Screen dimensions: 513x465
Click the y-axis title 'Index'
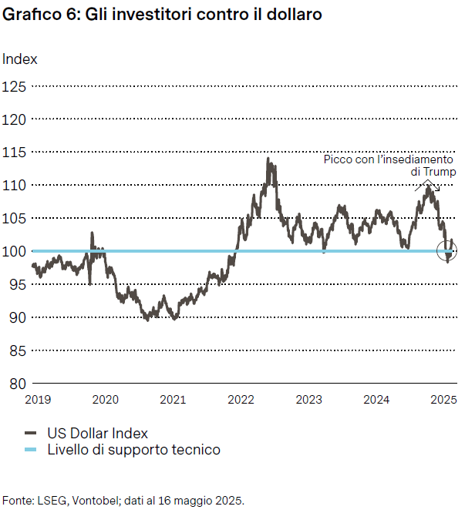[20, 59]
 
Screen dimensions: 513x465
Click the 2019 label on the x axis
[37, 399]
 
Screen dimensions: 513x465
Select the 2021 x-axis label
[173, 399]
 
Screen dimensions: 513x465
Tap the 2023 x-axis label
[308, 399]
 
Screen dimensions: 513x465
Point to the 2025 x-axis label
[444, 399]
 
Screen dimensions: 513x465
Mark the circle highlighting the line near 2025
[446, 250]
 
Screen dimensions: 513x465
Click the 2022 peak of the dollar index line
[268, 159]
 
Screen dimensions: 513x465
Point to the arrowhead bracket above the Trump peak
[427, 185]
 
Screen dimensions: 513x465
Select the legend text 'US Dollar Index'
[98, 433]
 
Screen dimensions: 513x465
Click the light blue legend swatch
[32, 450]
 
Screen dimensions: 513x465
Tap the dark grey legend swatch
[32, 433]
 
